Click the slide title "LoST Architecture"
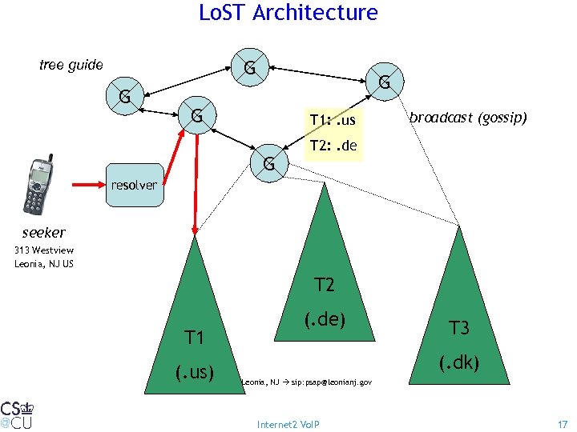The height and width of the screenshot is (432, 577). click(x=288, y=13)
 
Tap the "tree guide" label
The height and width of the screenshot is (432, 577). click(x=71, y=65)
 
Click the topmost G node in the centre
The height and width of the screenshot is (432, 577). click(x=250, y=69)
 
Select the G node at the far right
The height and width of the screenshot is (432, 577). click(x=385, y=82)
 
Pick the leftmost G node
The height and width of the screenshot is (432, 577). click(x=125, y=98)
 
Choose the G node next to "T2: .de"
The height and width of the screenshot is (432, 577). click(x=269, y=164)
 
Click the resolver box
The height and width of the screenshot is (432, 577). click(x=134, y=185)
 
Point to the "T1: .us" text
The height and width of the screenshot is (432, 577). click(x=332, y=121)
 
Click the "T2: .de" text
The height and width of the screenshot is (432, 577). click(x=333, y=146)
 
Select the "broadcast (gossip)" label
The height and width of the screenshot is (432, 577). click(x=468, y=118)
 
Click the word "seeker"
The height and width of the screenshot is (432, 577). click(x=44, y=232)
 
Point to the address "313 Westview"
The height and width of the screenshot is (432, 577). click(x=44, y=250)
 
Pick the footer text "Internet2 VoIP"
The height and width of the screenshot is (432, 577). click(x=288, y=423)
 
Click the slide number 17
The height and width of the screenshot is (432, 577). click(x=562, y=423)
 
